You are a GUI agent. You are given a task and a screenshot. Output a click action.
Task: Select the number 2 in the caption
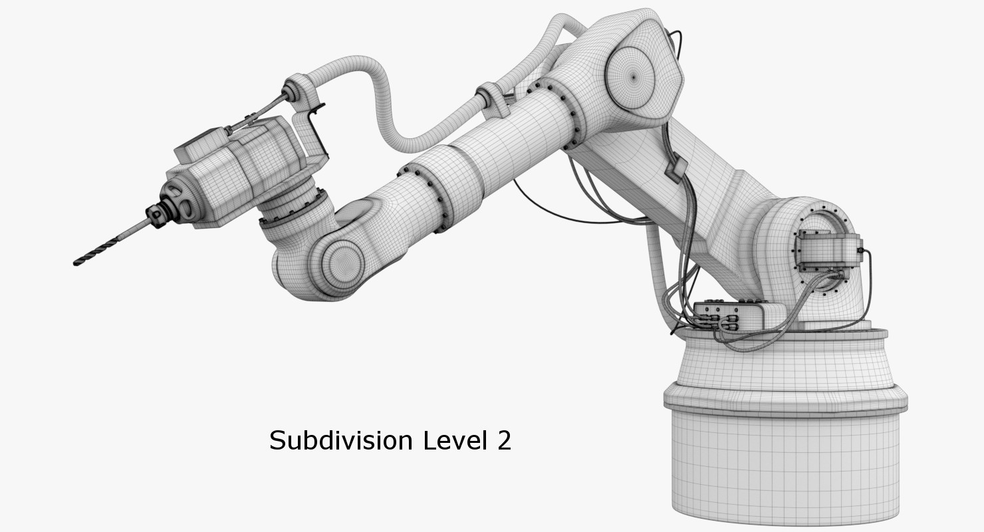504,441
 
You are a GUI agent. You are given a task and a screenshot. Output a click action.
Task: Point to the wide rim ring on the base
785,399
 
